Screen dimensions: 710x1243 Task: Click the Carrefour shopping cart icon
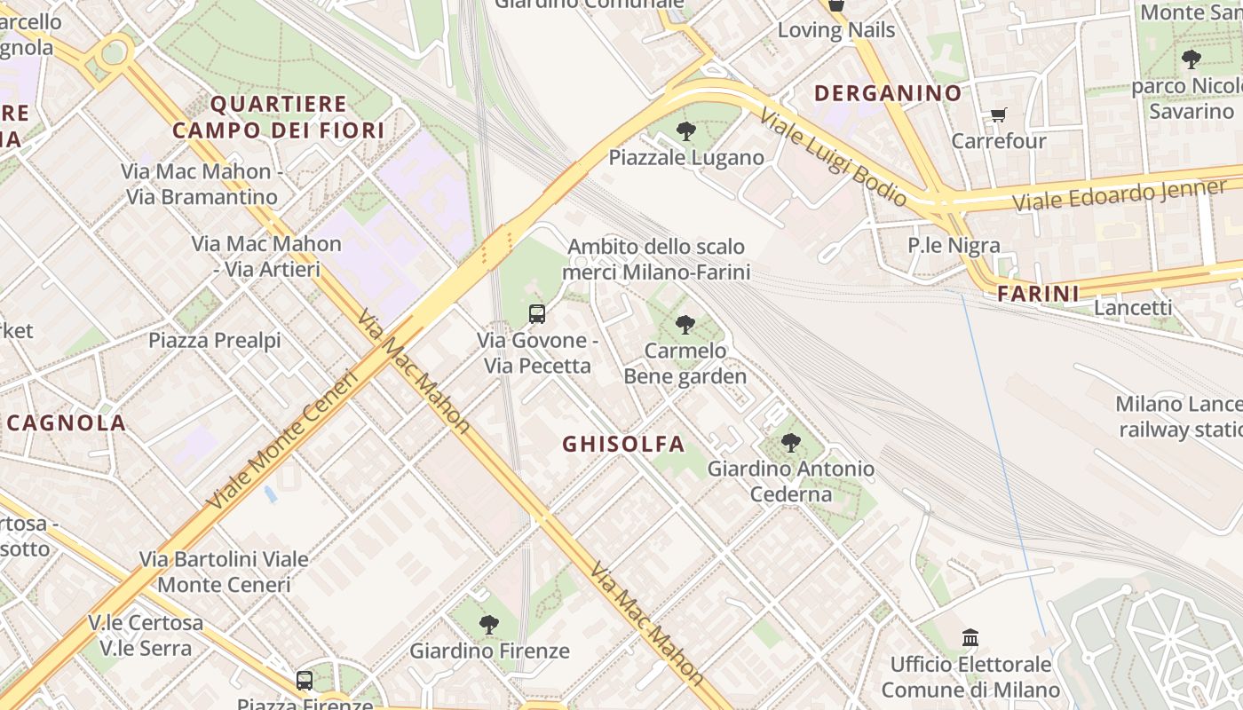(x=998, y=114)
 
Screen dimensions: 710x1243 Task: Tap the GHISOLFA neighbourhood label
(x=623, y=444)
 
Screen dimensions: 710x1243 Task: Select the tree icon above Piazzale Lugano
(x=685, y=131)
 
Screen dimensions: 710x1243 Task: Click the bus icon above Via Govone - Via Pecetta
(x=536, y=313)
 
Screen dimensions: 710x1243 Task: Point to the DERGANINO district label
(x=888, y=93)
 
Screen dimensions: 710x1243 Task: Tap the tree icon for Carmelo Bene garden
(x=685, y=325)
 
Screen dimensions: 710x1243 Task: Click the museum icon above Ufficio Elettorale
(x=970, y=637)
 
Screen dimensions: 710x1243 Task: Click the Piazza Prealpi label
(x=214, y=340)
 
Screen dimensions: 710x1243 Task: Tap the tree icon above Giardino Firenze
(x=488, y=624)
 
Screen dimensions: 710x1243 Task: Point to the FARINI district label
(x=1037, y=294)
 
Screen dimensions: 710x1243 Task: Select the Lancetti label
(x=1132, y=307)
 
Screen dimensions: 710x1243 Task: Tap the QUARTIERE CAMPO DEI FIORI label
(x=278, y=117)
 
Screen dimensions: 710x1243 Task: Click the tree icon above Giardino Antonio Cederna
(x=790, y=442)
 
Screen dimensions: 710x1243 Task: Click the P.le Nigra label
(x=953, y=245)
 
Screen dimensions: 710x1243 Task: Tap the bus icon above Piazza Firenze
(x=304, y=681)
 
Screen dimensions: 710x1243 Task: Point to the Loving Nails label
(x=835, y=30)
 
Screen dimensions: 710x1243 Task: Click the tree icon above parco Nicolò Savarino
(x=1191, y=59)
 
